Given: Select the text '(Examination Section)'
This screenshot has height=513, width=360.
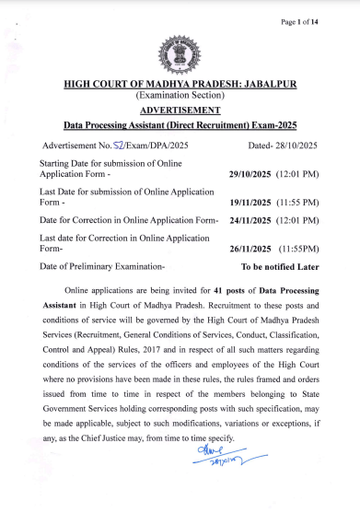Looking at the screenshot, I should (180, 96).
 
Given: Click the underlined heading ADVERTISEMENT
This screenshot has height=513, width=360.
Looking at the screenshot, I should (180, 109).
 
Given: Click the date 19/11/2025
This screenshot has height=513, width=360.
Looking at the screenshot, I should (250, 202).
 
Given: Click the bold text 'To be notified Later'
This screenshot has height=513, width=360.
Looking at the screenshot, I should (280, 267).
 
